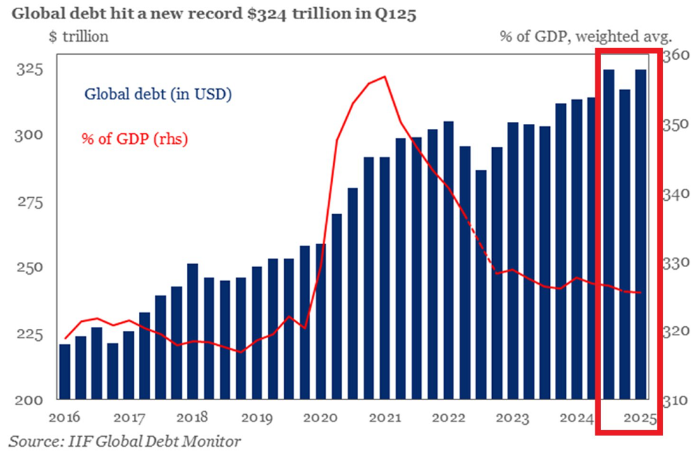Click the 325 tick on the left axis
click(30, 70)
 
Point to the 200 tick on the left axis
click(30, 400)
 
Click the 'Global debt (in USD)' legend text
click(158, 94)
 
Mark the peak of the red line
click(384, 76)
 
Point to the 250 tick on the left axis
click(30, 268)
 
